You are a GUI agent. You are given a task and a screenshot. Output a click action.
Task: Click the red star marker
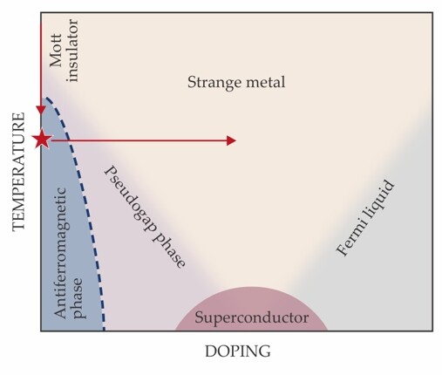point(41,140)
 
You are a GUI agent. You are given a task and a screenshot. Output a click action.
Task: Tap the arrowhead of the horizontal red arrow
point(231,140)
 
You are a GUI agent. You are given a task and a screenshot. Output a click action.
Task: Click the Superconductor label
point(250,317)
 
